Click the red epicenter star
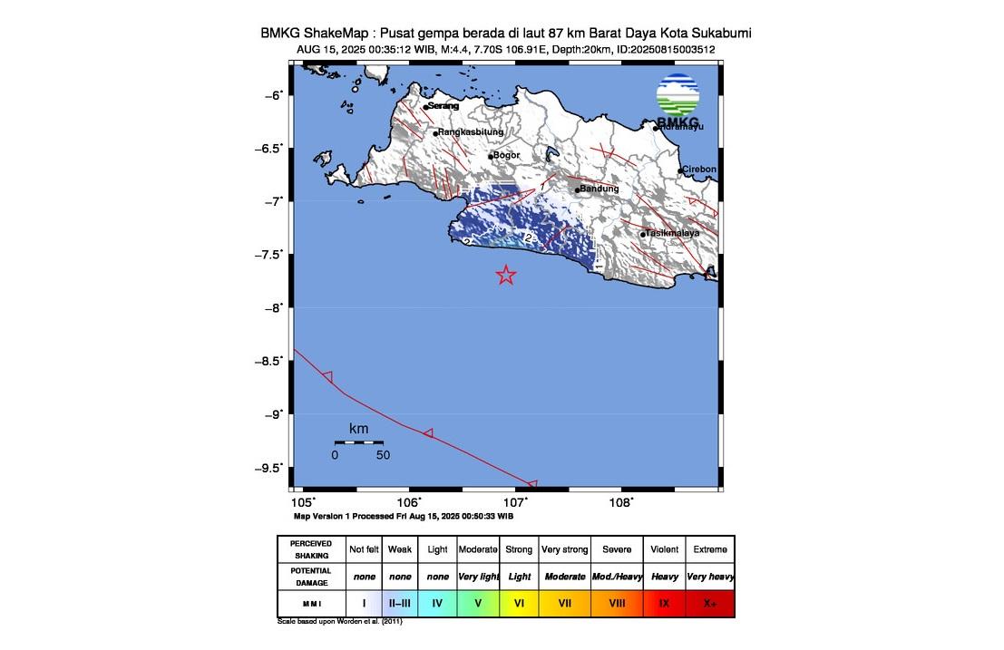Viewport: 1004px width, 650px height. [x=506, y=276]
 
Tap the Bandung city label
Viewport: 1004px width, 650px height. [x=599, y=189]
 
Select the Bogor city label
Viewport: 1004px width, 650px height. [x=506, y=155]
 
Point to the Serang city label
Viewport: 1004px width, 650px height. [x=444, y=106]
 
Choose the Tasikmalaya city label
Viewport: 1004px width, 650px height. [x=672, y=234]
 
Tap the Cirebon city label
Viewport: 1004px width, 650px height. [x=699, y=170]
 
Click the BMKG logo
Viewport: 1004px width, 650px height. [x=678, y=100]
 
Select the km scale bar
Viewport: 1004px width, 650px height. [x=358, y=441]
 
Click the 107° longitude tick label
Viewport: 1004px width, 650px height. [x=515, y=502]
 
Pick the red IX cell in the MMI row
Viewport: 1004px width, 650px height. [x=665, y=603]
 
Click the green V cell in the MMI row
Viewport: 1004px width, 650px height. [x=477, y=603]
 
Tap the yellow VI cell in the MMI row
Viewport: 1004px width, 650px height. [x=518, y=603]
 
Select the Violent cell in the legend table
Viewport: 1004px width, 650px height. [x=665, y=549]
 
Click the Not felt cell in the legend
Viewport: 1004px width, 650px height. [x=364, y=549]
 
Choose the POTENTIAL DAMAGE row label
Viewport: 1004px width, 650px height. [x=311, y=576]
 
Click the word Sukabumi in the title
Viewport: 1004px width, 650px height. [x=720, y=34]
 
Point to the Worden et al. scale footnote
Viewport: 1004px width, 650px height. [x=340, y=622]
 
